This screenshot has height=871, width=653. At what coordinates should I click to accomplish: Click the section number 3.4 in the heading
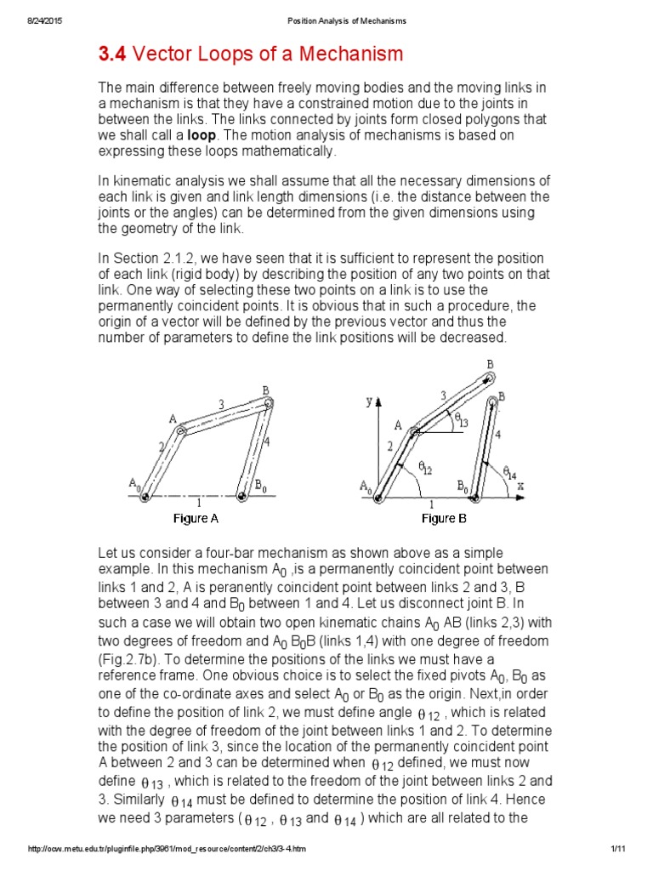[112, 55]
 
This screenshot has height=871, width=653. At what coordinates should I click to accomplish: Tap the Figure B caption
[450, 518]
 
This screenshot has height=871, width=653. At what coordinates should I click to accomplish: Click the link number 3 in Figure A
[221, 405]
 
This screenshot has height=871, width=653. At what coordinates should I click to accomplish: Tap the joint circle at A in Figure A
[180, 431]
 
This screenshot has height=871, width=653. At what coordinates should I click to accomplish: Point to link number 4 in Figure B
[497, 434]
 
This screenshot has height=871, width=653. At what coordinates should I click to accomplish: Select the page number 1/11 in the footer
[617, 850]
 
